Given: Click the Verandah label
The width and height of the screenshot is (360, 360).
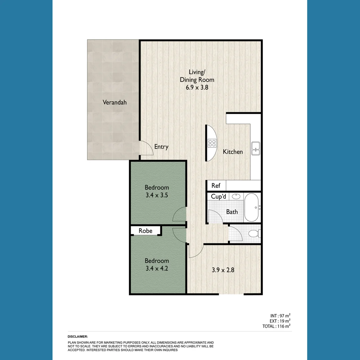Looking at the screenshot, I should click(114, 102).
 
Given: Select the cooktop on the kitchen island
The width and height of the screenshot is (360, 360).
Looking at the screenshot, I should click(212, 143).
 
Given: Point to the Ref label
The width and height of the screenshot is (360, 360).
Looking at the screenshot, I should click(216, 186).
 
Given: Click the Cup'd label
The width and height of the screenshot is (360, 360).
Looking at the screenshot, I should click(218, 197).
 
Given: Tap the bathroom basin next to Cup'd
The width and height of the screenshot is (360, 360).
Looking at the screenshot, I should click(236, 196).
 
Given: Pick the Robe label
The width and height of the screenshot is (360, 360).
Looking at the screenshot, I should click(145, 231).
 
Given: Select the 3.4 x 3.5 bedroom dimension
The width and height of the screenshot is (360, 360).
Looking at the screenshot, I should click(157, 195).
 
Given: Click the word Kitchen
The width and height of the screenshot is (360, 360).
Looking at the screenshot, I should click(233, 152).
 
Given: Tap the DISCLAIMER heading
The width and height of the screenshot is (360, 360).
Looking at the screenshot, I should click(78, 337).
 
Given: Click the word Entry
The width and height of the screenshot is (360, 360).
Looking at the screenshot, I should click(161, 147).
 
